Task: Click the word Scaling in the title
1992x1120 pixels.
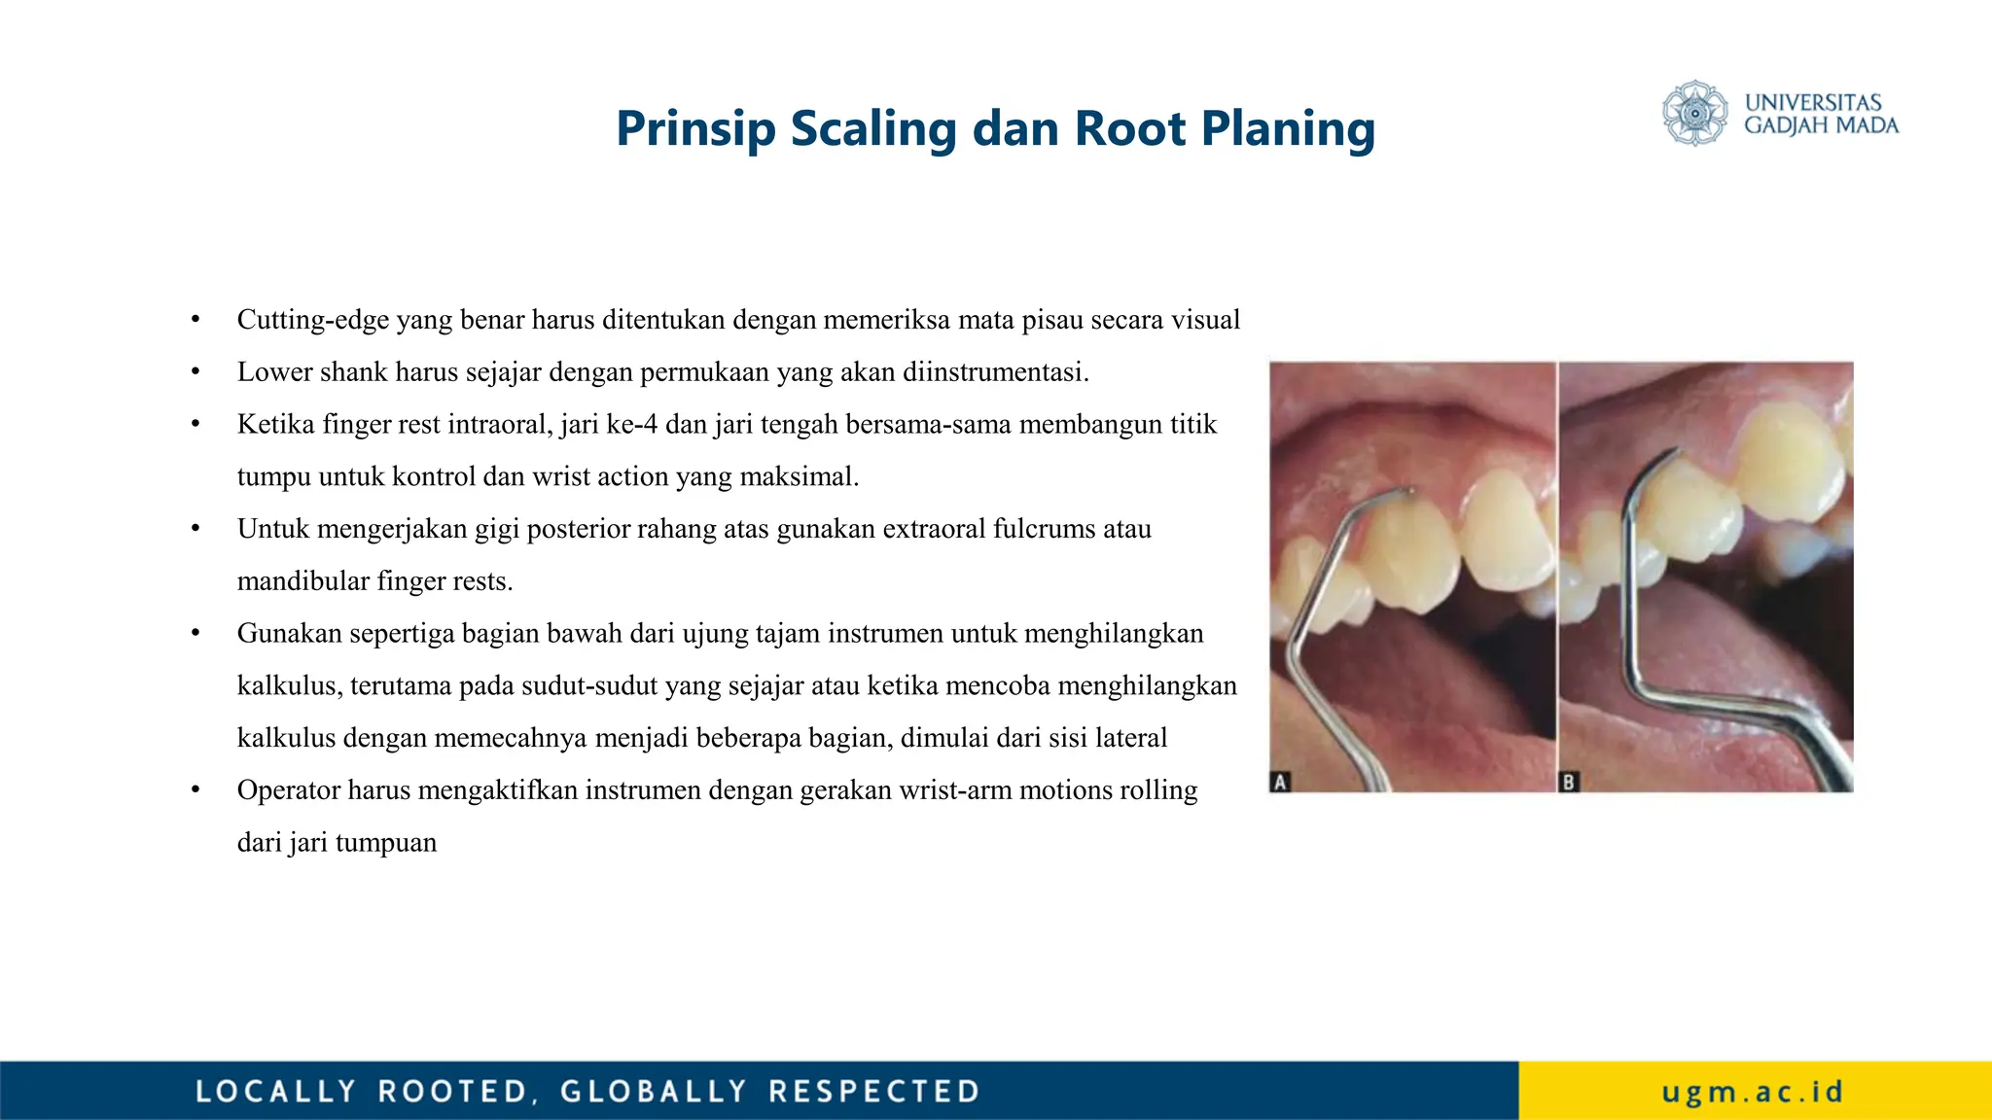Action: tap(873, 129)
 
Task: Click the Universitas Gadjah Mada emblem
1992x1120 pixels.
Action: tap(1694, 113)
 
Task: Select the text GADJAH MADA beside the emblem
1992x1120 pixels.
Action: tap(1821, 125)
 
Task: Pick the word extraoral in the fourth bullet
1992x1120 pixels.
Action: tap(933, 529)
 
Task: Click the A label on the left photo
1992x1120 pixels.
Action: tap(1280, 782)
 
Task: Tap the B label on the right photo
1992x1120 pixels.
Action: tap(1568, 782)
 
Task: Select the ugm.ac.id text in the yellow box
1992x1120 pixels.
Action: tap(1753, 1092)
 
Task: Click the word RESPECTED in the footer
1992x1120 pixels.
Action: tap(873, 1092)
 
